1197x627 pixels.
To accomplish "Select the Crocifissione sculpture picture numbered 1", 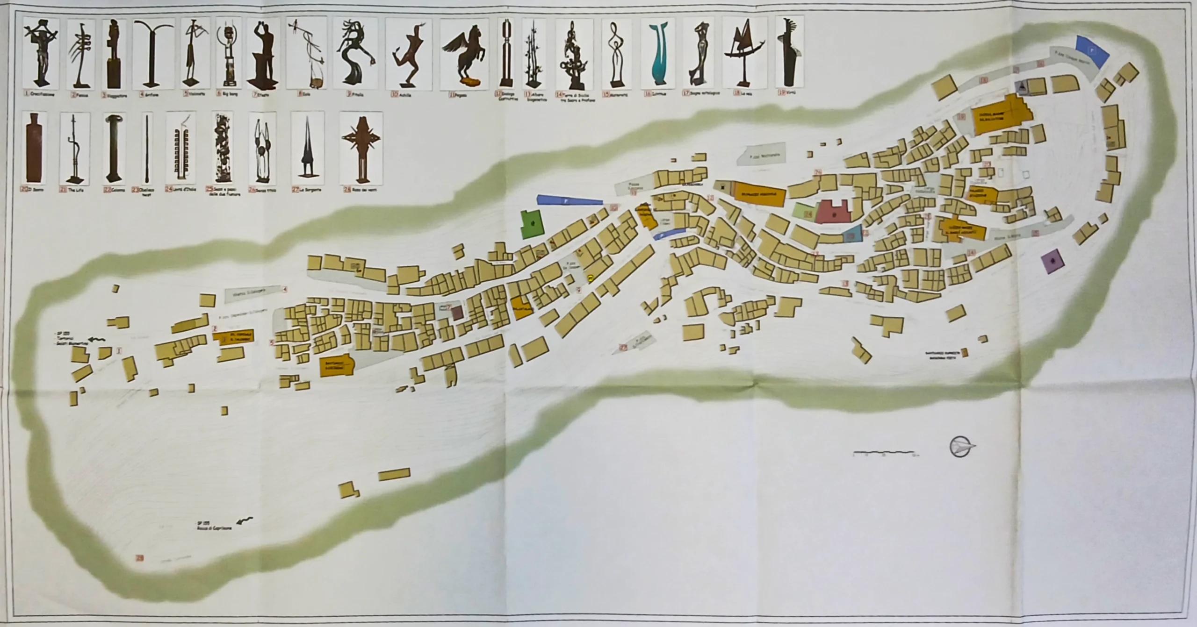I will (41, 54).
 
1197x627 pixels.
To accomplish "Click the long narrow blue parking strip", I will (569, 200).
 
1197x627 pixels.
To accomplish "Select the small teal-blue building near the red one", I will (852, 234).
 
